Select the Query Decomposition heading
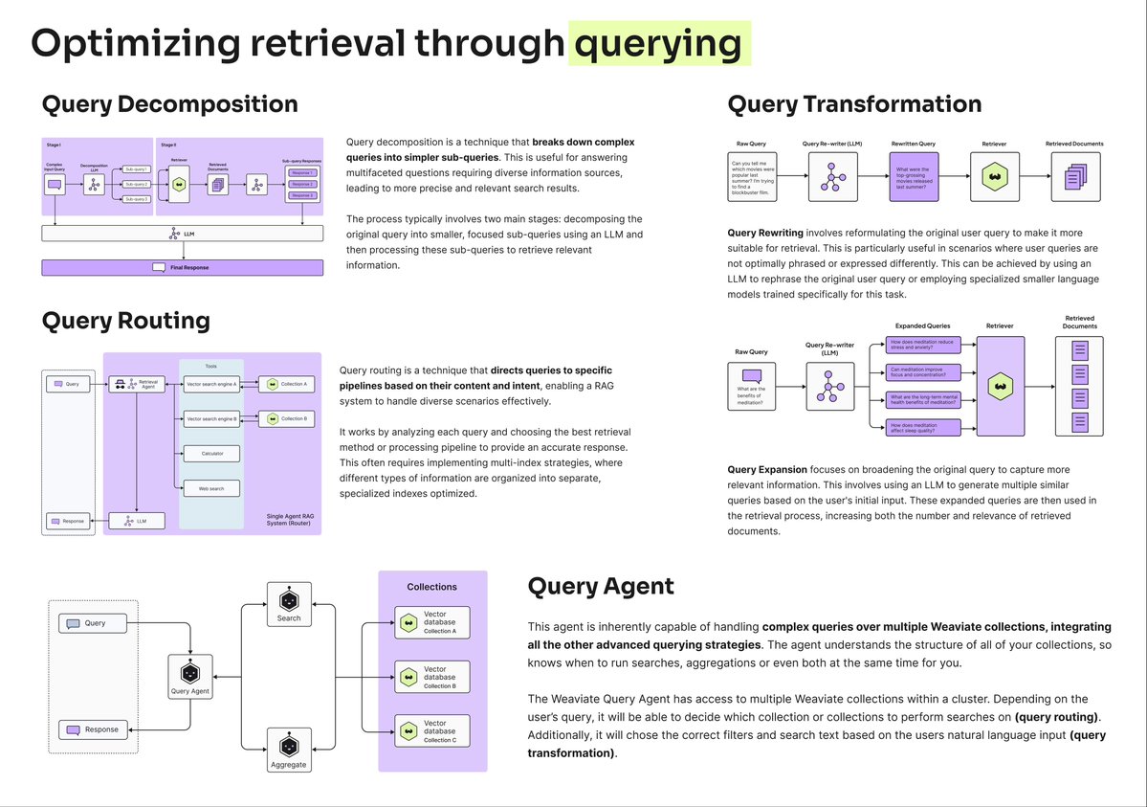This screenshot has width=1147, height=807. point(169,103)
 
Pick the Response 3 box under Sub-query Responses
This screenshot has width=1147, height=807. point(301,195)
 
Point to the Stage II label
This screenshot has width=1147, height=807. point(169,145)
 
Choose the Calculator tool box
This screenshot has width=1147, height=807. point(211,453)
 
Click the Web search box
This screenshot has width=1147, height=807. point(211,488)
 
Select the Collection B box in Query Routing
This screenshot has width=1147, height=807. point(288,418)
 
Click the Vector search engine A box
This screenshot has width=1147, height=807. point(211,384)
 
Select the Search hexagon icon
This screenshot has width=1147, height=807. point(288,600)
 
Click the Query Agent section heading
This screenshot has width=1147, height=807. point(601,586)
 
